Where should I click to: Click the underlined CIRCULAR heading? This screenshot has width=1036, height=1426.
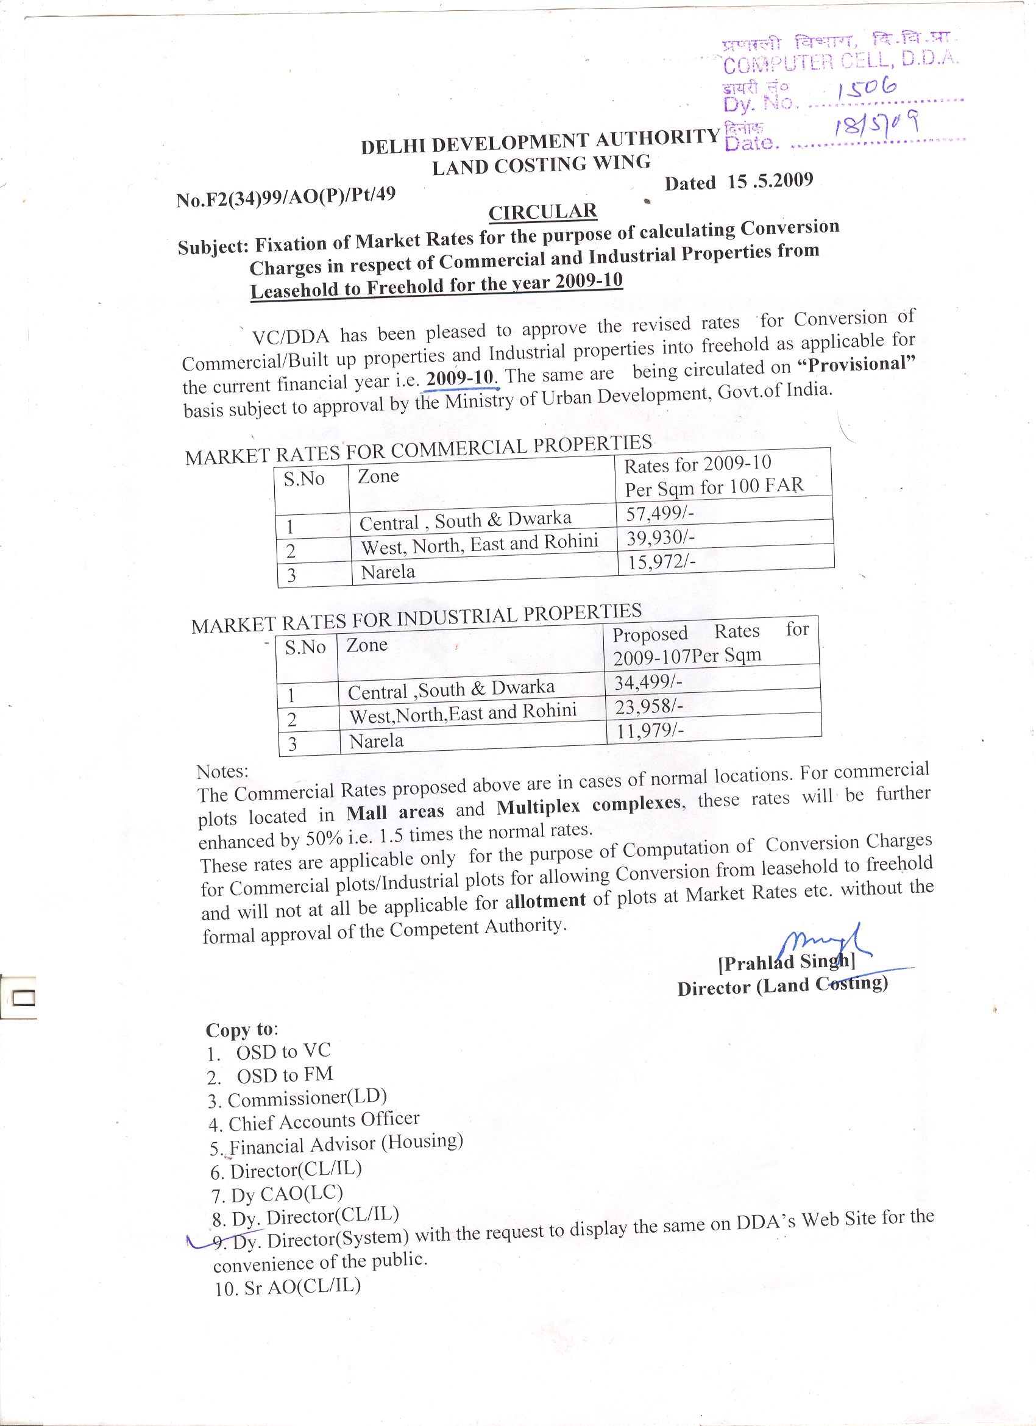point(542,212)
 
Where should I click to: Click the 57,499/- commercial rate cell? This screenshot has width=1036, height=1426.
point(659,513)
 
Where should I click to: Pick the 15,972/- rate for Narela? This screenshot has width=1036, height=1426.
point(661,561)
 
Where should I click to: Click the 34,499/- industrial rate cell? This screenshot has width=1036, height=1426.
point(648,682)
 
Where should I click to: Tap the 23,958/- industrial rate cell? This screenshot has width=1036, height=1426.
point(649,707)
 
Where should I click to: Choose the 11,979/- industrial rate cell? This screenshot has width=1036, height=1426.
point(650,731)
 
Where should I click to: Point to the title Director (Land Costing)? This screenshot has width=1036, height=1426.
point(782,986)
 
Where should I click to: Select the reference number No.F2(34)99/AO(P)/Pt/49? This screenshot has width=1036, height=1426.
point(286,197)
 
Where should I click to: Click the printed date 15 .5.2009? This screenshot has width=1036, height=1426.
point(770,181)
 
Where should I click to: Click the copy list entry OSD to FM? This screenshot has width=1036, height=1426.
point(284,1075)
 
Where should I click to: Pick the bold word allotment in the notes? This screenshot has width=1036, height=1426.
point(545,901)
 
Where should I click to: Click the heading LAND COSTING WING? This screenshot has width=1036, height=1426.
point(541,165)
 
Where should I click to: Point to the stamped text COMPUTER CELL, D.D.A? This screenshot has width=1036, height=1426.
point(840,62)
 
